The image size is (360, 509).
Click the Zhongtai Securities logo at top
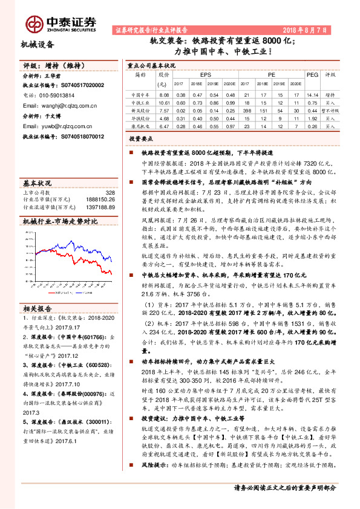(x=61, y=22)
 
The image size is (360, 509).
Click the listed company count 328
(x=110, y=192)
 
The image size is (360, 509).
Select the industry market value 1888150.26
(x=100, y=199)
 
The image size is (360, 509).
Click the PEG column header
(x=312, y=74)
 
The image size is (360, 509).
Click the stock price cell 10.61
(x=164, y=103)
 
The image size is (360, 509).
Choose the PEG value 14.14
(x=312, y=95)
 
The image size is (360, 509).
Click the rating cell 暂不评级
(x=330, y=111)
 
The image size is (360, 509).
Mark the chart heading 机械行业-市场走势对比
(x=60, y=222)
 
